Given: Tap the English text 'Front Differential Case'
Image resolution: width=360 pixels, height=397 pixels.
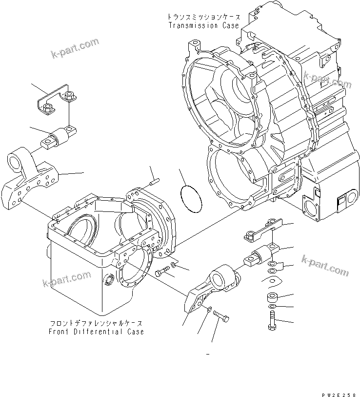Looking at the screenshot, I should point(96,332).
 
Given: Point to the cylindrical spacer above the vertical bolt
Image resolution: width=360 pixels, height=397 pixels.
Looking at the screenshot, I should point(272,297).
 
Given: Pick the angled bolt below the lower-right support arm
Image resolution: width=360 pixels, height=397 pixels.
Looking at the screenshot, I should point(221,317).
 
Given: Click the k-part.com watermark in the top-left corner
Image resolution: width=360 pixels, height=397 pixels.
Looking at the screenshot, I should point(75,49).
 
